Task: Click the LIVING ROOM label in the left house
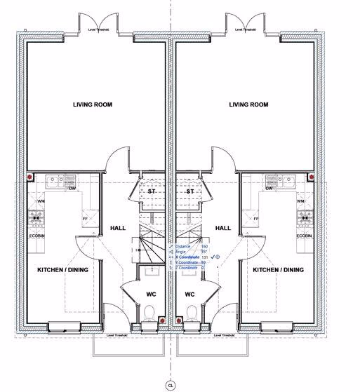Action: coord(93,104)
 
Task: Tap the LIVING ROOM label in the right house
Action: coord(248,104)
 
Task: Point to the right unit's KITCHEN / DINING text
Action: coord(279,269)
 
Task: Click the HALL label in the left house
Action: coord(117,228)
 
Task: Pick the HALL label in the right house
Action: coord(223,228)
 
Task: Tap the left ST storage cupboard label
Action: coord(151,191)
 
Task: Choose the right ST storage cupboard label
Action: coord(189,191)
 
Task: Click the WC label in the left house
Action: coord(151,294)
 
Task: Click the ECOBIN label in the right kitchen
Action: coord(304,236)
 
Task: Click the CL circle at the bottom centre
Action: coord(169,385)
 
